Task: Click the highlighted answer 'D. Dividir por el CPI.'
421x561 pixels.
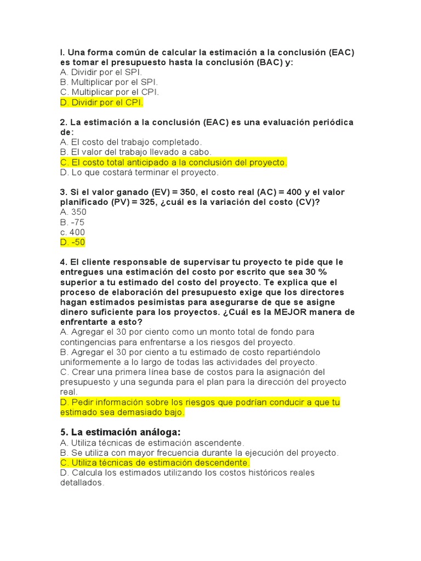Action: click(x=101, y=102)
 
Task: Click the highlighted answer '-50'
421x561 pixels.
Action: click(x=78, y=242)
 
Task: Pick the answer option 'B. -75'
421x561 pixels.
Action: click(x=72, y=222)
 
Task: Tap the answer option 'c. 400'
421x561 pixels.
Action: click(x=72, y=232)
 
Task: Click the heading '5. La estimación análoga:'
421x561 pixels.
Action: click(x=120, y=432)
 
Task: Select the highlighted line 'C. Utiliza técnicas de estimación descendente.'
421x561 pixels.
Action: click(x=155, y=463)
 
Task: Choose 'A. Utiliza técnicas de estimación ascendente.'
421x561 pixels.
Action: click(x=152, y=443)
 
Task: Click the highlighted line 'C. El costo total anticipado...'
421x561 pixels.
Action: click(x=173, y=163)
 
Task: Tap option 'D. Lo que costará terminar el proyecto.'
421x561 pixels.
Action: click(x=139, y=173)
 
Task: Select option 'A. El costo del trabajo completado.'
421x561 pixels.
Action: click(x=131, y=142)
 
